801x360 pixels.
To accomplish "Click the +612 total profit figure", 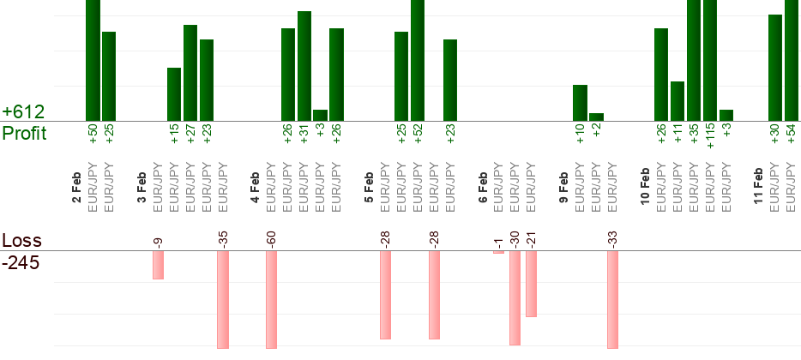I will click(23, 112).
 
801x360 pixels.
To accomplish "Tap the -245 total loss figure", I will click(21, 263).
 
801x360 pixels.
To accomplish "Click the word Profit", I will click(24, 134).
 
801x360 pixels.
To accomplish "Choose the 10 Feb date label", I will click(645, 188).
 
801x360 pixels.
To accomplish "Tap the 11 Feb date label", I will click(759, 188).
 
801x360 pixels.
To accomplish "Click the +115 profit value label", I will click(710, 135).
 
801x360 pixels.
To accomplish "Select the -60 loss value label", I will click(271, 238).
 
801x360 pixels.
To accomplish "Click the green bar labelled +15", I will click(174, 94).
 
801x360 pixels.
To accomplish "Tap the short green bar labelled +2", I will click(597, 117).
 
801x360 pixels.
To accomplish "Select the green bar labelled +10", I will click(581, 103).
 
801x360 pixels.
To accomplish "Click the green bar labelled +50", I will click(93, 60).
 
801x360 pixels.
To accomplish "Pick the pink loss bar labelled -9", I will click(158, 265).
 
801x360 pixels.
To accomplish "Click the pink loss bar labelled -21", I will click(532, 284).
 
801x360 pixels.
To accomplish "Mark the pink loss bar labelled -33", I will click(613, 299).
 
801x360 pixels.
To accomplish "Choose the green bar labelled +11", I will click(678, 101).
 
